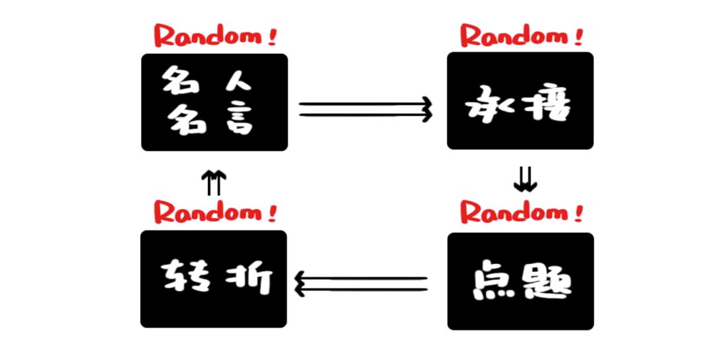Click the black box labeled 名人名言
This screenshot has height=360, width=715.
(x=215, y=103)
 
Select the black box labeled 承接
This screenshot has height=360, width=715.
(x=520, y=101)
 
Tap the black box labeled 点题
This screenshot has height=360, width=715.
(x=520, y=281)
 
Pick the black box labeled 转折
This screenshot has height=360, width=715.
(x=214, y=279)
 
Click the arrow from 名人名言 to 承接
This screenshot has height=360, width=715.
(x=366, y=109)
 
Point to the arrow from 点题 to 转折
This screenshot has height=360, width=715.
(x=361, y=284)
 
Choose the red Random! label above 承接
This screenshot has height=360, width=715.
(x=522, y=34)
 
